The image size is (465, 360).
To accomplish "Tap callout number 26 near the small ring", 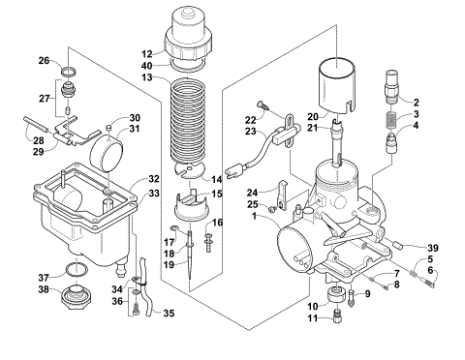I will point(44,60).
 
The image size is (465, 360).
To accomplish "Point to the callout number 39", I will point(433,247).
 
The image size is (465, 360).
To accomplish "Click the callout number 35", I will point(169,314).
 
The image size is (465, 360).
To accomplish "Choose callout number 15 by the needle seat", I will point(218,195).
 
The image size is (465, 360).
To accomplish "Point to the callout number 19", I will point(170,263).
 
